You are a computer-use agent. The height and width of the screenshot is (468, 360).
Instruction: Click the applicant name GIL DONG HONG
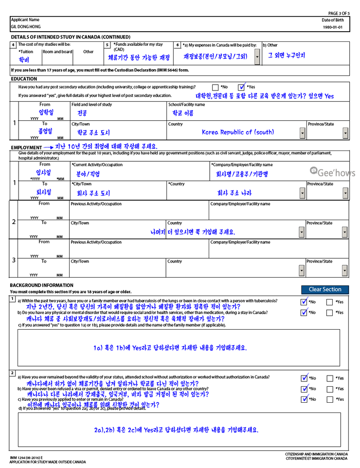[x=26, y=27]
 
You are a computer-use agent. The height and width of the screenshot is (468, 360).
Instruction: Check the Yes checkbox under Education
[x=242, y=87]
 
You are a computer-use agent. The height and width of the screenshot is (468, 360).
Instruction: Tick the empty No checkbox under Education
[x=215, y=87]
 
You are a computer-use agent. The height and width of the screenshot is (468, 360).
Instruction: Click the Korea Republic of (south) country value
[x=237, y=132]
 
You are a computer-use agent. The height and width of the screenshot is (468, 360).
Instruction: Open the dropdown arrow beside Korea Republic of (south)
[x=303, y=133]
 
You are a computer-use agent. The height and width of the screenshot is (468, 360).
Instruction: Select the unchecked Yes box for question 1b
[x=329, y=312]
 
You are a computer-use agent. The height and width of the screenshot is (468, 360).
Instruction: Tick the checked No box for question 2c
[x=305, y=399]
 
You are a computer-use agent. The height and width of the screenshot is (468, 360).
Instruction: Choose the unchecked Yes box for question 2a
[x=329, y=378]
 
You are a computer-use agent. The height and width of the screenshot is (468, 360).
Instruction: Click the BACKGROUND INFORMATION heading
[x=41, y=285]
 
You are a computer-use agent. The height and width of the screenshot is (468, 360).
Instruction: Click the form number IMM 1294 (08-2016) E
[x=26, y=458]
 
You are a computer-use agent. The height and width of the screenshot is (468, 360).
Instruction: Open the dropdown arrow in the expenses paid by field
[x=257, y=57]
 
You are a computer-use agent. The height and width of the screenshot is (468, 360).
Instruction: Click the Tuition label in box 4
[x=26, y=51]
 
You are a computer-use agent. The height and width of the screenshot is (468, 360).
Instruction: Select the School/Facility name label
[x=186, y=105]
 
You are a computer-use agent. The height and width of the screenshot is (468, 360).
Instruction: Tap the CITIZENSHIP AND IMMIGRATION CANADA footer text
[x=316, y=454]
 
